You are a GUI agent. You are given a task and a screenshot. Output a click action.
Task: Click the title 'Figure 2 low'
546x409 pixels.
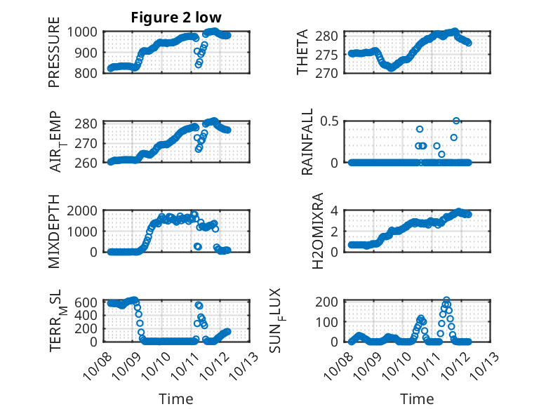click(x=176, y=18)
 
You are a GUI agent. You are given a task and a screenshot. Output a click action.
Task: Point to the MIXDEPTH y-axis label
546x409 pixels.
click(x=54, y=232)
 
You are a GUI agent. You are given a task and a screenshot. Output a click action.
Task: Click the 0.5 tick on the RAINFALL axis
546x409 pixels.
click(x=332, y=121)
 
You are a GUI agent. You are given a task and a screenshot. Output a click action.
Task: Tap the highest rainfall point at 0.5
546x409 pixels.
click(x=456, y=121)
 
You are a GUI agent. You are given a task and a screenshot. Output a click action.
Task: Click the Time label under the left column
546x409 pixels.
click(x=175, y=399)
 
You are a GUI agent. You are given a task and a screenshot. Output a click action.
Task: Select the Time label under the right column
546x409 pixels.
click(x=417, y=399)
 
